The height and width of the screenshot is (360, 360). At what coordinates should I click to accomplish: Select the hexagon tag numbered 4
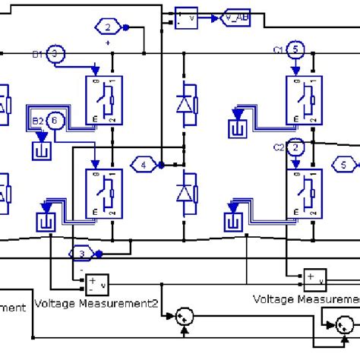click(x=144, y=164)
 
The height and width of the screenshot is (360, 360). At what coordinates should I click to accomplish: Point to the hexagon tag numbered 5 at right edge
click(x=345, y=164)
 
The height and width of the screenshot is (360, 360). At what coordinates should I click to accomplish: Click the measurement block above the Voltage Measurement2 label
click(x=97, y=283)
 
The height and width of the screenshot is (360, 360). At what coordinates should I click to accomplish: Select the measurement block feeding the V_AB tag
click(x=187, y=17)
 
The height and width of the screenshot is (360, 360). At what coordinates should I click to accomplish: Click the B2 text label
click(x=36, y=119)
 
